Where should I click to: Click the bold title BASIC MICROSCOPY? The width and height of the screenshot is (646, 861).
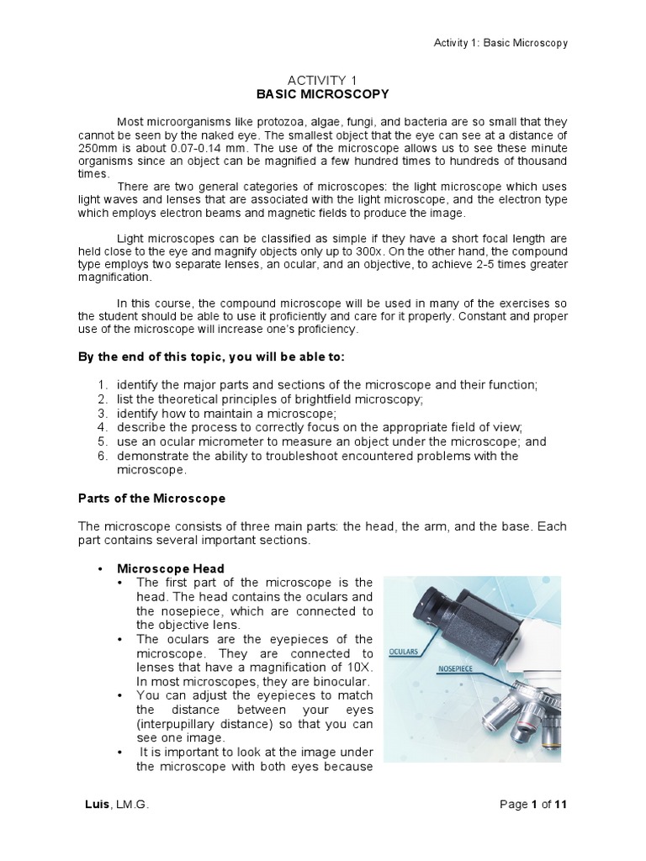322,94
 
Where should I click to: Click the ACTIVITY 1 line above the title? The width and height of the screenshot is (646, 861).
322,80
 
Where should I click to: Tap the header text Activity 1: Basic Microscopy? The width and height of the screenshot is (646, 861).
500,43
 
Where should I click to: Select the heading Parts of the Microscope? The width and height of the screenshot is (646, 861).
151,498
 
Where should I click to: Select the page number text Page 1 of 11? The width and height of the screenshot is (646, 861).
532,805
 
